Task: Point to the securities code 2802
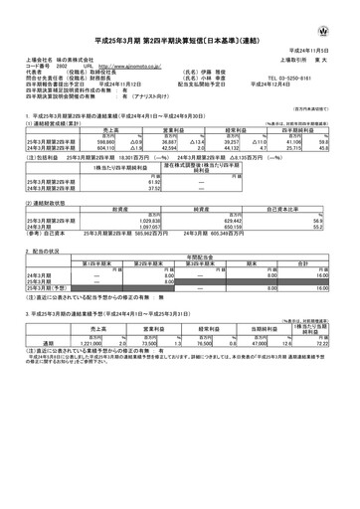[x=59, y=76]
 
